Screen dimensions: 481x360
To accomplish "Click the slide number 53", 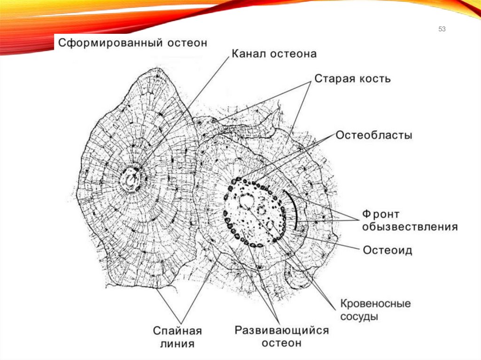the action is coord(442,30).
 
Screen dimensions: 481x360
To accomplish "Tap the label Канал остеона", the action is coord(274,54).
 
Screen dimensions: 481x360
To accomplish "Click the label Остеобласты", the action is coord(373,136).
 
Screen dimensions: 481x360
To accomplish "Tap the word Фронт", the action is coord(380,215).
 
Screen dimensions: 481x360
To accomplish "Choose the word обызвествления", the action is coord(410,227).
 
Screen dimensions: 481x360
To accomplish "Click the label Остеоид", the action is coord(388,250).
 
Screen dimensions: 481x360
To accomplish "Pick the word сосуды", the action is coord(359,316).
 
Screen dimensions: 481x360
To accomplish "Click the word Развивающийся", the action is coord(282,330).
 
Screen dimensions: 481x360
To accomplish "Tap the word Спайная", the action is coord(178,331).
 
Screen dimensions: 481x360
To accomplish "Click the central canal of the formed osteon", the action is coord(131,178).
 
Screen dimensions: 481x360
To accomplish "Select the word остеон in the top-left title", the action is coord(186,43).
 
